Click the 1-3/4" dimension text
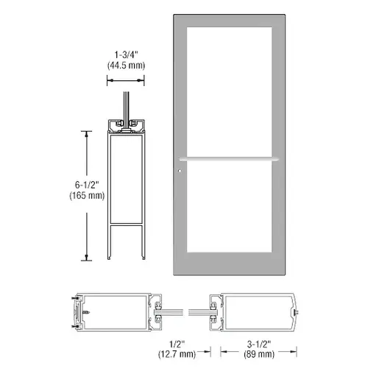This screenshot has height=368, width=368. [126, 54]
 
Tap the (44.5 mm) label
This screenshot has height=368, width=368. [126, 66]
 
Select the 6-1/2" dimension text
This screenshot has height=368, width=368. [87, 185]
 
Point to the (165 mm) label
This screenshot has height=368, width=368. [87, 196]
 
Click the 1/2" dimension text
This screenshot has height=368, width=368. [177, 344]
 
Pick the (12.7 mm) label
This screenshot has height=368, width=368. [177, 354]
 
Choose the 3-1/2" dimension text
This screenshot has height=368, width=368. [259, 344]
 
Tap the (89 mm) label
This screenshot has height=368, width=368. [259, 354]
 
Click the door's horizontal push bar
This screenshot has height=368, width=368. [229, 159]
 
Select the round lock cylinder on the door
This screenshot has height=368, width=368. [180, 171]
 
